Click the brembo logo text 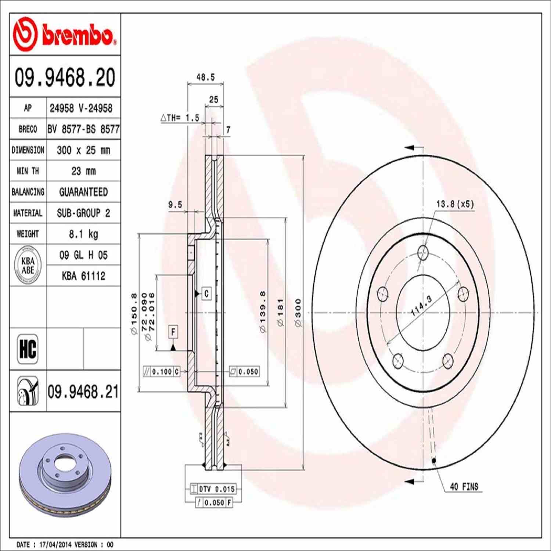77,35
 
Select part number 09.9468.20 65,77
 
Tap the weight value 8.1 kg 83,234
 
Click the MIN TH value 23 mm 83,171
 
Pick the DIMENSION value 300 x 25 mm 83,150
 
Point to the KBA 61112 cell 83,276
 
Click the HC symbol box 28,349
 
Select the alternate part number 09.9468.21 83,392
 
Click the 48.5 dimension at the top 205,77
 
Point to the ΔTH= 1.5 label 180,118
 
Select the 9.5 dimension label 175,205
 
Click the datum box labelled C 206,293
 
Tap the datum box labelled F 173,332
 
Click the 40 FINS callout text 464,487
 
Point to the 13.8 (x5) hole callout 455,204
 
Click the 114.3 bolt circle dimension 421,306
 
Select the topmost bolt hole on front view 423,253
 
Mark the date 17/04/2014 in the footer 55,544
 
